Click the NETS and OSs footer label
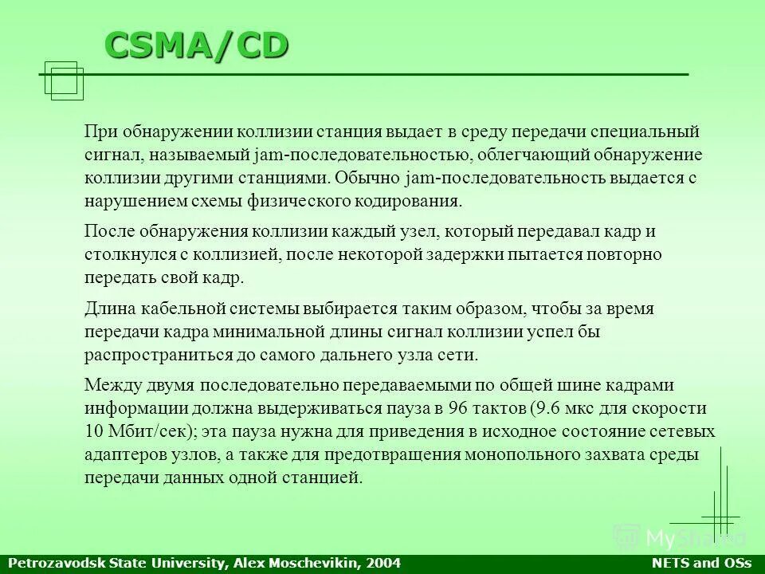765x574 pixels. (x=702, y=564)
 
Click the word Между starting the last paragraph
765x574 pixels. (x=112, y=386)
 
